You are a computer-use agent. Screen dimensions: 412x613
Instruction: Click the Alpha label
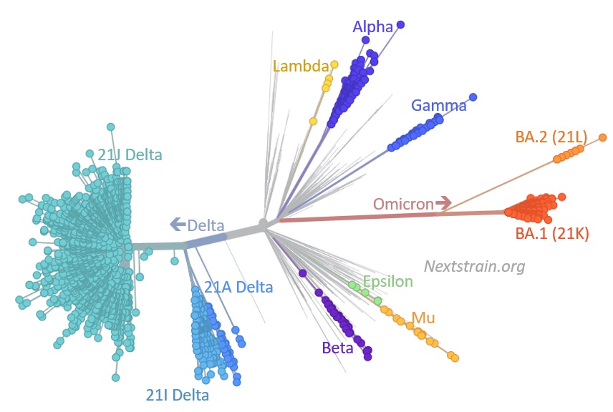click(372, 27)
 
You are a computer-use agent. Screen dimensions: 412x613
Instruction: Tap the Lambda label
click(300, 66)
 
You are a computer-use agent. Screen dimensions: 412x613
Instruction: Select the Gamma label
click(438, 106)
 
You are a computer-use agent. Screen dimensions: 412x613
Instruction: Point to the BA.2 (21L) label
click(551, 136)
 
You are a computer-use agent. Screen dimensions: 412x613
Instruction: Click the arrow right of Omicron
click(444, 204)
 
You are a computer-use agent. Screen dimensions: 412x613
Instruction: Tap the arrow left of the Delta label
click(178, 225)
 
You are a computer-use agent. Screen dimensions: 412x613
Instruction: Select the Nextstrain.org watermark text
click(474, 267)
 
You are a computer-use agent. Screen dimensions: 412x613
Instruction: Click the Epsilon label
click(387, 281)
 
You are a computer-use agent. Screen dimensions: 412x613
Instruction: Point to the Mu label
click(423, 318)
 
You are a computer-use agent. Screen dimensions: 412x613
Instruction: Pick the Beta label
click(337, 348)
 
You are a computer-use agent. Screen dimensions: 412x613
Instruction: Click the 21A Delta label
click(238, 288)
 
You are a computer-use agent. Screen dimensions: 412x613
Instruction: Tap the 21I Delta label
click(178, 394)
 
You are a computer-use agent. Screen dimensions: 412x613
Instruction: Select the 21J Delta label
click(130, 154)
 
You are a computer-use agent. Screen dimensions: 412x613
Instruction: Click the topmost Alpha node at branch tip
click(400, 25)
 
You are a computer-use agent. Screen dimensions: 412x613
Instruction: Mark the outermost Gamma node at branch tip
click(473, 97)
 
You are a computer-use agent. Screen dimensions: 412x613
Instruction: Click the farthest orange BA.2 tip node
click(602, 137)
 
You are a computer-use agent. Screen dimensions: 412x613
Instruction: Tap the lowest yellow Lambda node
click(313, 122)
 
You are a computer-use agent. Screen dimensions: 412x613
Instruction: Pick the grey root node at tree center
click(264, 225)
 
